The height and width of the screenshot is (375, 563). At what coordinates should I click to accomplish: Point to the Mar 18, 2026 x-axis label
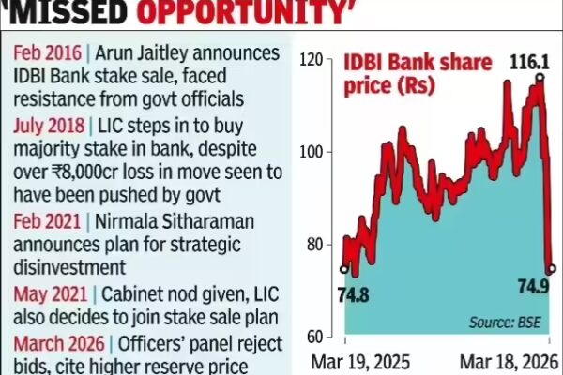[x=507, y=361]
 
